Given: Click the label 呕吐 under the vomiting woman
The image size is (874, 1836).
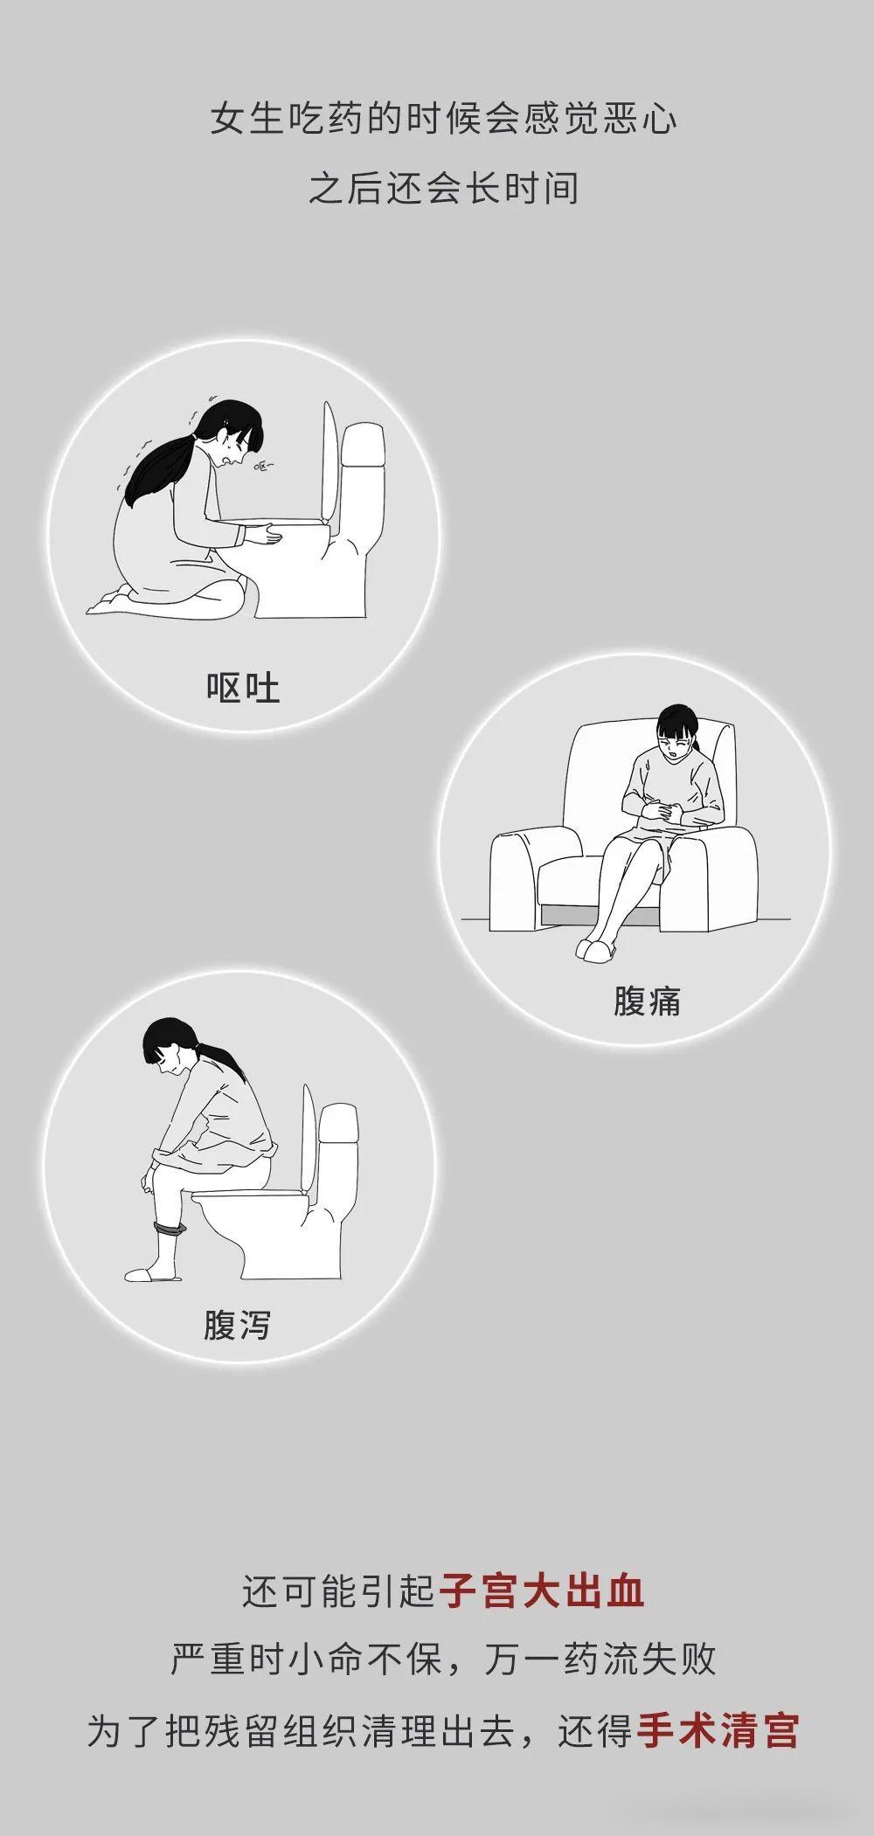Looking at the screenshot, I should click(243, 689).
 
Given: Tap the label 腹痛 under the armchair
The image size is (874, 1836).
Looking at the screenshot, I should click(647, 1001).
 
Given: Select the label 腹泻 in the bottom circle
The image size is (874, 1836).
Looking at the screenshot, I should click(237, 1324).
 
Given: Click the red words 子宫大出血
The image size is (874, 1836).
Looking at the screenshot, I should click(542, 1590).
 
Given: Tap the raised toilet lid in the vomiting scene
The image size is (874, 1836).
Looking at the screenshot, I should click(329, 463).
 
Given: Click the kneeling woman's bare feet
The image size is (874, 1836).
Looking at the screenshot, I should click(109, 601).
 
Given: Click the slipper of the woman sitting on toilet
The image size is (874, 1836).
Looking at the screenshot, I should click(150, 1274).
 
